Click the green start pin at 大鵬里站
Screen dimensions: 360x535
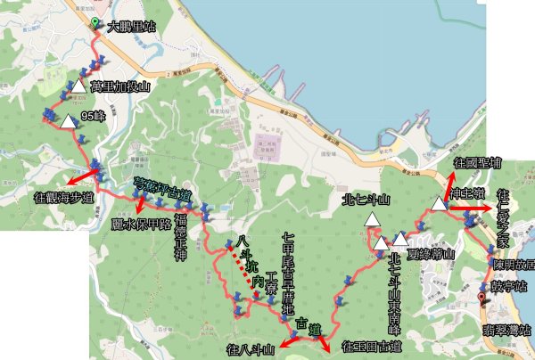[95, 22]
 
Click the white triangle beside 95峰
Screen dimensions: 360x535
[68, 120]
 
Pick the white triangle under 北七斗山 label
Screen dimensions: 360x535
[381, 241]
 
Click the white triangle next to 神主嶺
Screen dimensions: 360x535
[438, 205]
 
